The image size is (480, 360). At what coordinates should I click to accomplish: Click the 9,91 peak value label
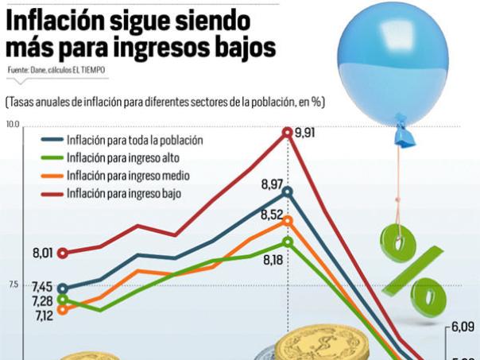coord(305,133)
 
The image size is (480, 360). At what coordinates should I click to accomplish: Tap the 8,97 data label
coord(272,184)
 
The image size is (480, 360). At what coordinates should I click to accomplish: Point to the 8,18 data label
coord(273,260)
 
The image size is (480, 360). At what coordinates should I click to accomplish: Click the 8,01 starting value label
coord(43,254)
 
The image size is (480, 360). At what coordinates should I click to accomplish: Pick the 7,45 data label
coord(43,287)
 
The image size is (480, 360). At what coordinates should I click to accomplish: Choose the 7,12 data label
coord(43,315)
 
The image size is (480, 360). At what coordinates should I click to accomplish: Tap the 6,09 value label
coord(463,326)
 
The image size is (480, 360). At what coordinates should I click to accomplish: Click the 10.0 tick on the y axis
coord(13,125)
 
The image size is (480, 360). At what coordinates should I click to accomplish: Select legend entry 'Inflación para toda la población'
coord(135,140)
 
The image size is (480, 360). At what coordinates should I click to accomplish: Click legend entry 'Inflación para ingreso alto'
coord(124,158)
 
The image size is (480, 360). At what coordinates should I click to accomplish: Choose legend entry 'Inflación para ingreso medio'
coord(128,176)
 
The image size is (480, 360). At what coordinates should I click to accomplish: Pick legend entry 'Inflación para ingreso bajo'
coord(124,193)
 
